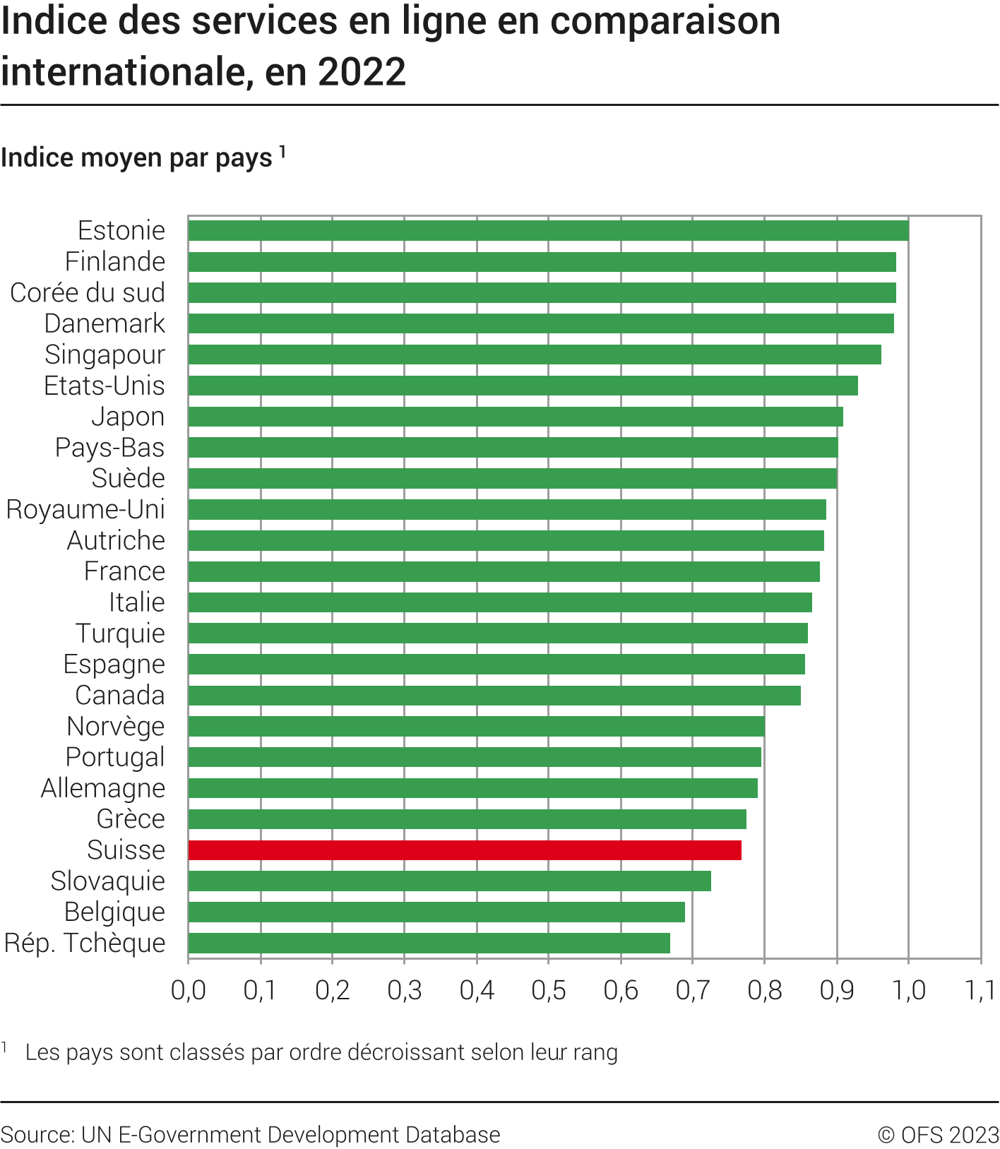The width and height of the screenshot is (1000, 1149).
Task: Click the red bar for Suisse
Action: tap(465, 850)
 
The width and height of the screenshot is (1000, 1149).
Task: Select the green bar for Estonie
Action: tap(548, 231)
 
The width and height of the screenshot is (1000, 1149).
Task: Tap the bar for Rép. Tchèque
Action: tap(429, 943)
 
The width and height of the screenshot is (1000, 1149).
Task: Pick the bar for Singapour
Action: tap(535, 355)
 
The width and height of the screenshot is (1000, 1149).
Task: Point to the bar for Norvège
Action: tap(476, 726)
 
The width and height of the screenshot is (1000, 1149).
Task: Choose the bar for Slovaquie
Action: tap(449, 881)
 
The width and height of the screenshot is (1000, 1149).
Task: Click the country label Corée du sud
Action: tap(88, 292)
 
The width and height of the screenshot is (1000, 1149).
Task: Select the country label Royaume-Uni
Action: tap(85, 509)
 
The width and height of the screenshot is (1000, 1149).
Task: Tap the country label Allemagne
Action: tap(103, 788)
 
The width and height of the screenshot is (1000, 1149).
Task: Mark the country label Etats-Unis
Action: tap(105, 386)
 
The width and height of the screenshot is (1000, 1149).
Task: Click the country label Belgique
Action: tap(114, 912)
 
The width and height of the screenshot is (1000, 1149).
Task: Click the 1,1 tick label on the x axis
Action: tap(980, 990)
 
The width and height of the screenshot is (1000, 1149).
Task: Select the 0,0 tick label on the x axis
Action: tap(189, 990)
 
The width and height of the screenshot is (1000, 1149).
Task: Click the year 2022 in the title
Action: tap(362, 72)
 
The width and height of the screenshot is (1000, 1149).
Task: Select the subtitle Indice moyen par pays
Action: tap(136, 157)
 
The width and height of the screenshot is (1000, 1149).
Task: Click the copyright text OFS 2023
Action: tap(939, 1135)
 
